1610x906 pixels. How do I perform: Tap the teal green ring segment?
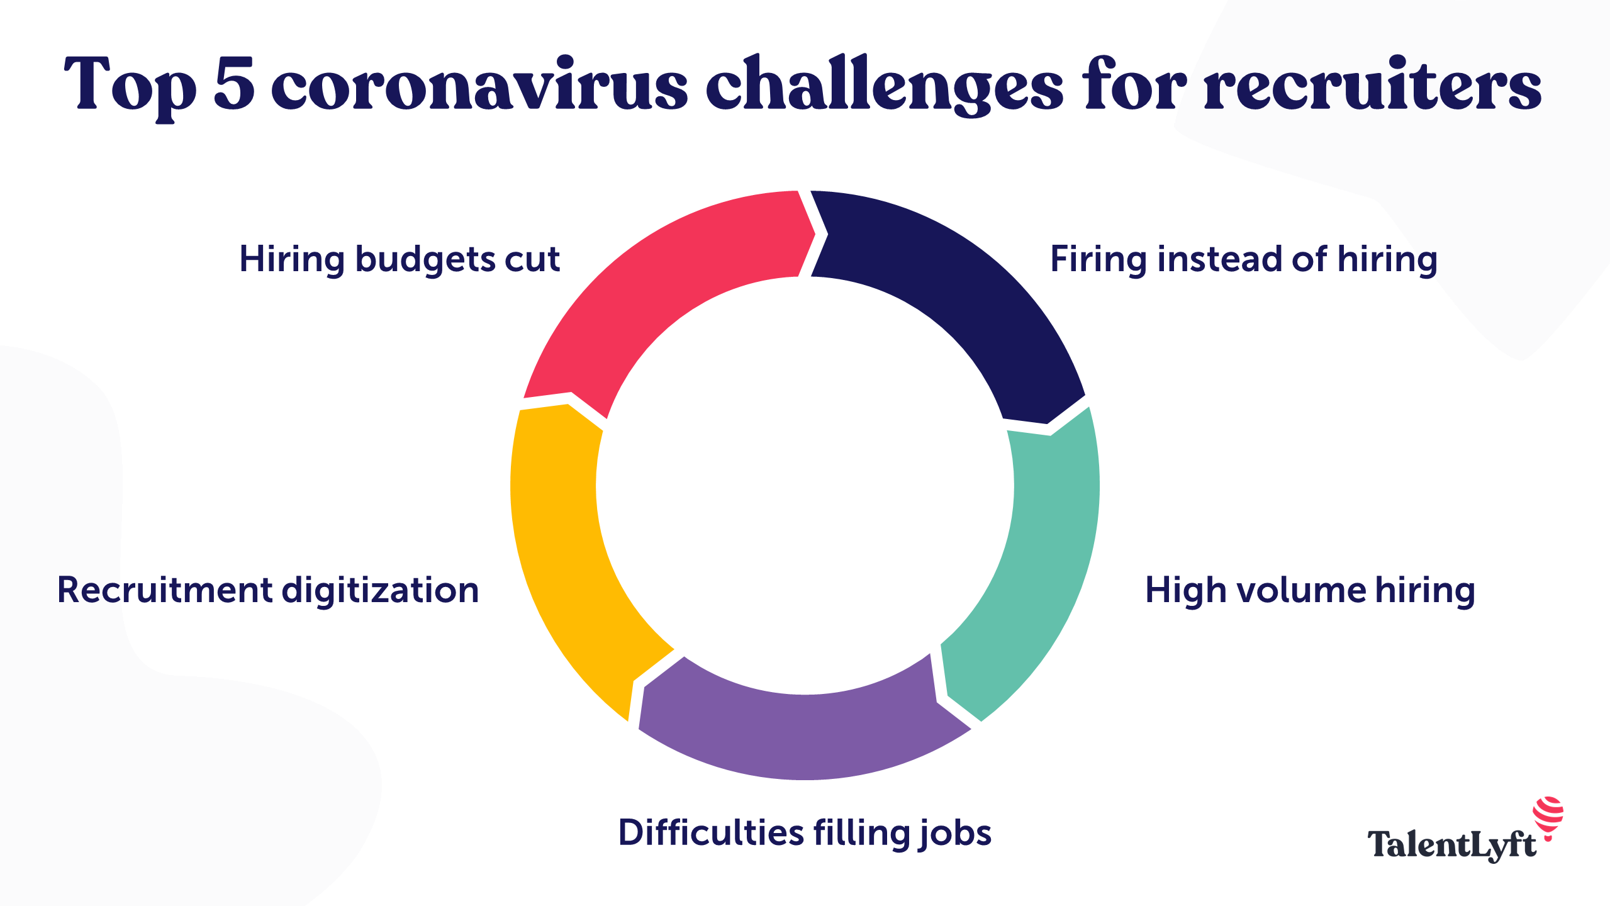[x=1038, y=566]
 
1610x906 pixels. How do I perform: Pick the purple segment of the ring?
[x=805, y=736]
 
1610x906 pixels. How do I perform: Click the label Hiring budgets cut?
[x=400, y=260]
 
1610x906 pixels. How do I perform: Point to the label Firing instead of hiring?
[x=1244, y=260]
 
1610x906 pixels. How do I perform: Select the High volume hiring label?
[x=1310, y=591]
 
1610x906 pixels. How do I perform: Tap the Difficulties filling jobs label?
[x=805, y=834]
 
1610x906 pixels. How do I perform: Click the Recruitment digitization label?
[x=268, y=590]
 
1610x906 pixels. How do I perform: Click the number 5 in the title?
[x=234, y=84]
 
